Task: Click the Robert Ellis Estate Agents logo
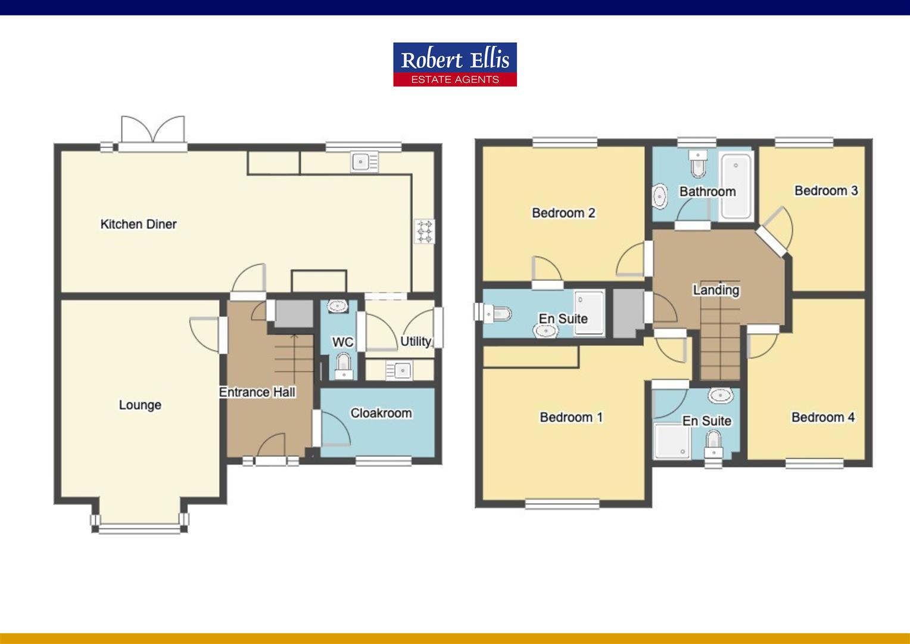click(454, 64)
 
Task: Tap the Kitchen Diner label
click(138, 224)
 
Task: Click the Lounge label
click(140, 405)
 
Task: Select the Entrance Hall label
click(257, 392)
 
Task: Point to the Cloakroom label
click(381, 413)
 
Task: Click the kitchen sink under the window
click(364, 162)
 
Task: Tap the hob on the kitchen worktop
click(424, 231)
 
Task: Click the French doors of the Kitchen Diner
click(153, 134)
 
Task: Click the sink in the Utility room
click(399, 370)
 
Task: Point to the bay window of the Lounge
click(140, 525)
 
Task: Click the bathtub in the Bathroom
click(736, 185)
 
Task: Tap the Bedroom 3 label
click(826, 190)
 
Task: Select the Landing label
click(716, 290)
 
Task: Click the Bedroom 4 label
click(822, 417)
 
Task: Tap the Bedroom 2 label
click(563, 212)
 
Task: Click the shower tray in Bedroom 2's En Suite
click(589, 312)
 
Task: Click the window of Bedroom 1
click(562, 504)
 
